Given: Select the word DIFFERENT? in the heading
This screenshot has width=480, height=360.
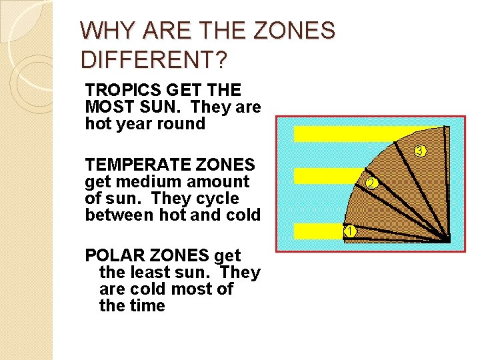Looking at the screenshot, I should pyautogui.click(x=153, y=59).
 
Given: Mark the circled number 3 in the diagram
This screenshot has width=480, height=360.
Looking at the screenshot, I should pyautogui.click(x=420, y=151).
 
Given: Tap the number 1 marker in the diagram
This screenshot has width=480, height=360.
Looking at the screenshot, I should pyautogui.click(x=349, y=231).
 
